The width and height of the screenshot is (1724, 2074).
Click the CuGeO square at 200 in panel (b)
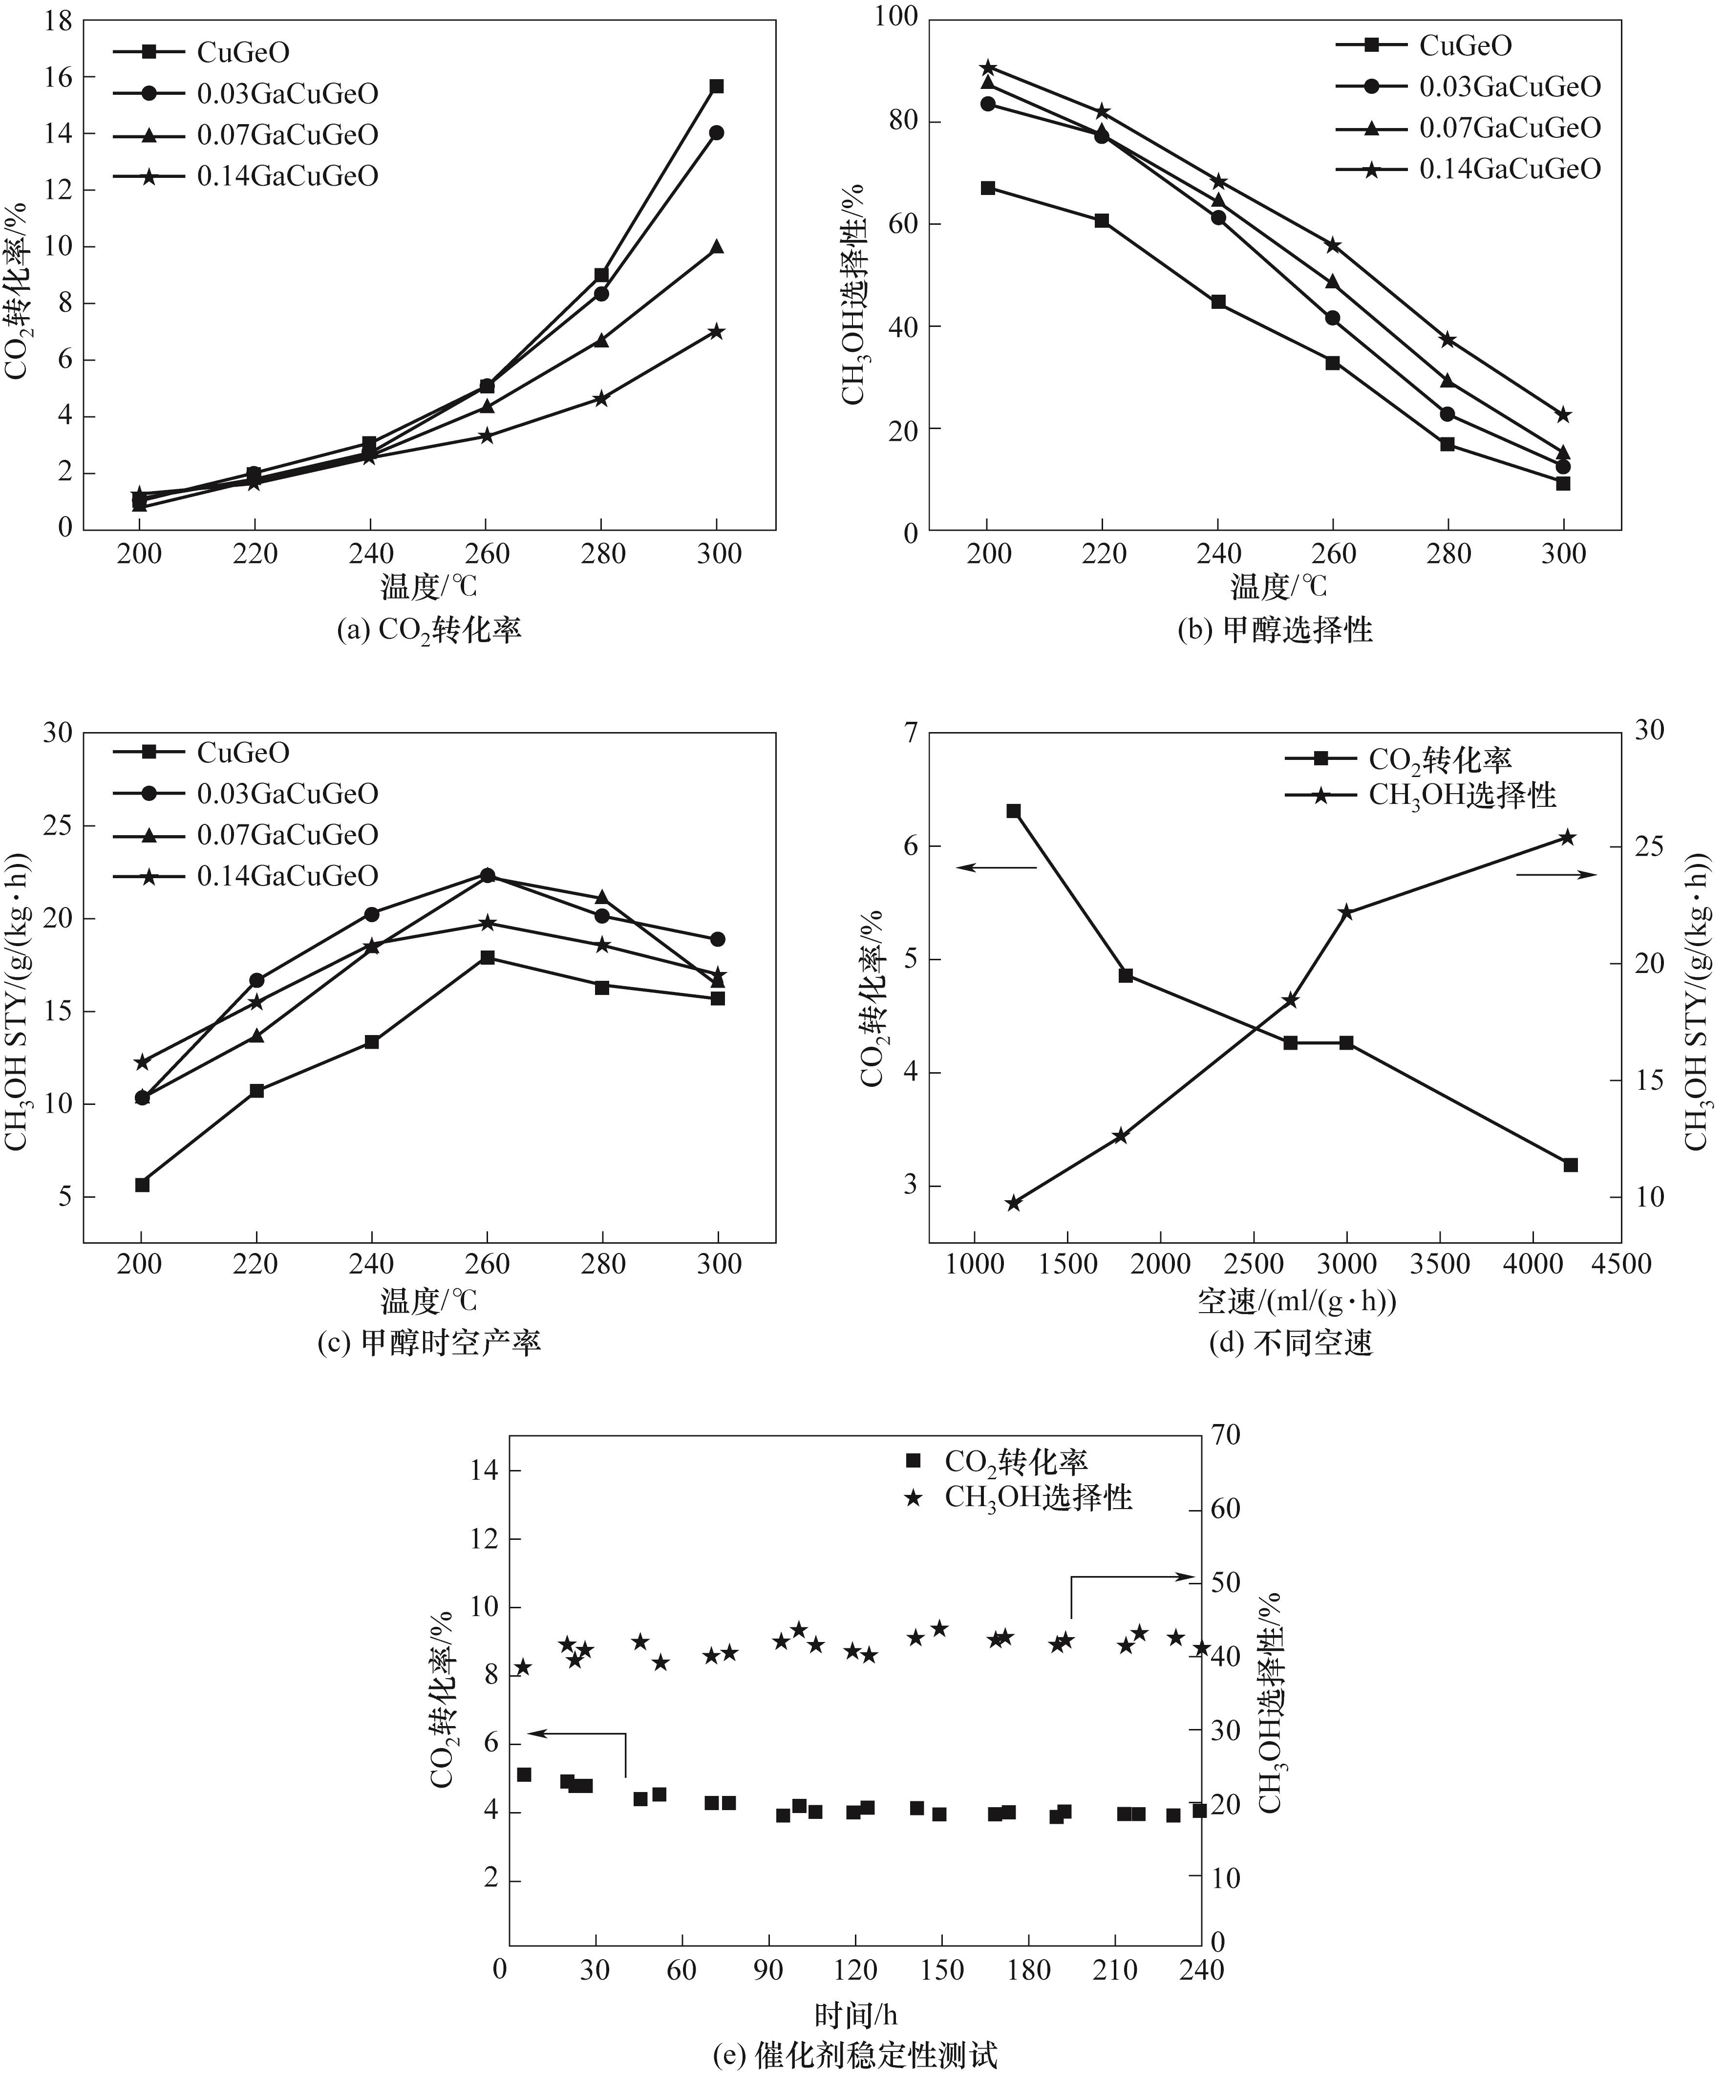[987, 188]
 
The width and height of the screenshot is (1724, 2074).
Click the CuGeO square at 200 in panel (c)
[142, 1184]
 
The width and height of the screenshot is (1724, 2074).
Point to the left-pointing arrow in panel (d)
[995, 867]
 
